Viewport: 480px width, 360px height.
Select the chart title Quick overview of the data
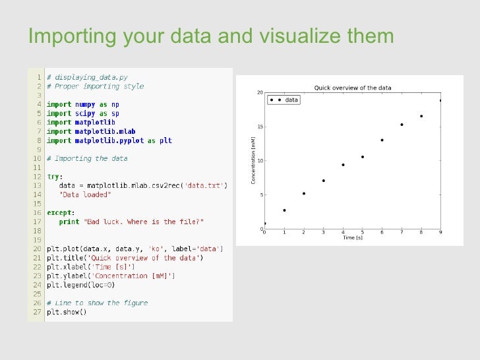point(352,88)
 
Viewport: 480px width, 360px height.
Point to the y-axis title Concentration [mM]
point(253,160)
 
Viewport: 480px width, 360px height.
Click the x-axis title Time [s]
point(353,237)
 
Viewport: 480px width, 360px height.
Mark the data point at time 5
point(363,157)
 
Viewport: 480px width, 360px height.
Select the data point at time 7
point(402,125)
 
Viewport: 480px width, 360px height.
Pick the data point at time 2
point(304,194)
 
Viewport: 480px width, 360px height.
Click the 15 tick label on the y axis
point(260,127)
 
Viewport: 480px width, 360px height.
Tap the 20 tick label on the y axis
point(260,92)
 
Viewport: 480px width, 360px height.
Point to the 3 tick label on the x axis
point(323,233)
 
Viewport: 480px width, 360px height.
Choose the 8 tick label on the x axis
point(421,233)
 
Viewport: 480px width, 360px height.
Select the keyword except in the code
point(60,212)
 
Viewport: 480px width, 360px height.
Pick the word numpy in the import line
point(85,104)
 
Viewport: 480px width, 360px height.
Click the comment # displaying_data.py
point(86,77)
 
